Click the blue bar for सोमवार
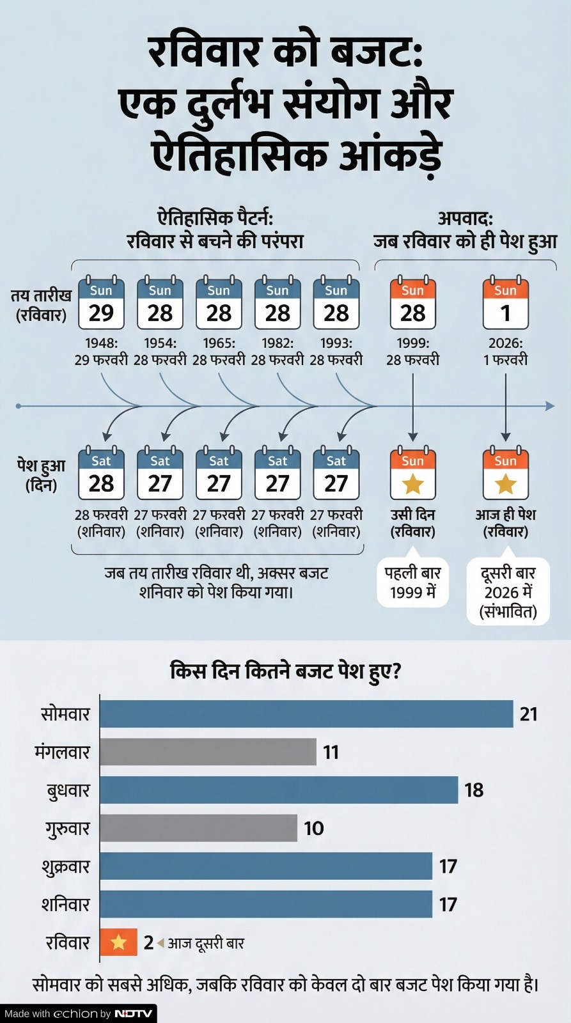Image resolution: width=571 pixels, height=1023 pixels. [306, 714]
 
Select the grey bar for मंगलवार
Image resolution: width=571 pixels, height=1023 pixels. [208, 752]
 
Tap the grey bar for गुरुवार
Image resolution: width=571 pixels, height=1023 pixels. [198, 828]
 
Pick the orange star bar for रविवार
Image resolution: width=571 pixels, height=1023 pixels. [119, 942]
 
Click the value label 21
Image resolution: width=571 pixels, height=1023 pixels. [528, 714]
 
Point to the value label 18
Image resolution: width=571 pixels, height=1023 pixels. [474, 790]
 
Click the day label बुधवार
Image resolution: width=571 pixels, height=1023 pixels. [68, 791]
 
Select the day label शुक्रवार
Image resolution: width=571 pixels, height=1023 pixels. [66, 867]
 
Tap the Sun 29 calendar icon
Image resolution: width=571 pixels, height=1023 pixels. [101, 303]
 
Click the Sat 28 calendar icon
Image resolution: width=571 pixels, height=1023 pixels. [101, 474]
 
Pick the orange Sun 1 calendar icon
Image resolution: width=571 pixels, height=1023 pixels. [505, 303]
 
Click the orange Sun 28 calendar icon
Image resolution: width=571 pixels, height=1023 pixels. [412, 303]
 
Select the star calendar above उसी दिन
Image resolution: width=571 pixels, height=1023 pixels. [412, 474]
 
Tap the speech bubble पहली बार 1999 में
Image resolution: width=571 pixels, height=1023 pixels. [412, 582]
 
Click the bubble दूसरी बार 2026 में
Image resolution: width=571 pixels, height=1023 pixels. [508, 592]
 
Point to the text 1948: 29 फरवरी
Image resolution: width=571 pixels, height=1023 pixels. [101, 352]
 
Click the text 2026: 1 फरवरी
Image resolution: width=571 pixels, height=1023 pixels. [505, 352]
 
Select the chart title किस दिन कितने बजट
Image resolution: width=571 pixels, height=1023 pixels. [285, 671]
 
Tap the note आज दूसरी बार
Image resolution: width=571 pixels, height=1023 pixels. [206, 943]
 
